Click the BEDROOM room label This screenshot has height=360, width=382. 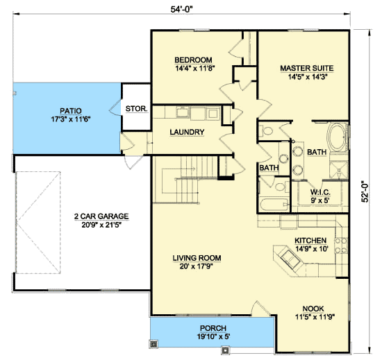pyautogui.click(x=194, y=60)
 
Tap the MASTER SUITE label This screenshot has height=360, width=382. pyautogui.click(x=307, y=69)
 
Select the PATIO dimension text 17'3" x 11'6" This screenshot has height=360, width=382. pyautogui.click(x=71, y=119)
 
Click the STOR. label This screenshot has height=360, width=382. pyautogui.click(x=136, y=109)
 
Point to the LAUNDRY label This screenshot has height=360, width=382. pyautogui.click(x=187, y=132)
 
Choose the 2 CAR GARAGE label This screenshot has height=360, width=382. pyautogui.click(x=101, y=216)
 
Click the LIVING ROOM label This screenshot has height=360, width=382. pyautogui.click(x=197, y=258)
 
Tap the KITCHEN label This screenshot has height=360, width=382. pyautogui.click(x=310, y=241)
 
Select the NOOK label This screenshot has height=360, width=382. pyautogui.click(x=313, y=309)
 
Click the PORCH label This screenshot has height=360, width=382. pyautogui.click(x=213, y=328)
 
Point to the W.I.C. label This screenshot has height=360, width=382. pyautogui.click(x=320, y=192)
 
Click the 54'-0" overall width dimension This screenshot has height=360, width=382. pyautogui.click(x=181, y=9)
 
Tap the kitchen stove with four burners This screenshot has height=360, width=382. pyautogui.click(x=341, y=245)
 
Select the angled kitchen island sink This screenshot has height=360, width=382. pyautogui.click(x=290, y=259)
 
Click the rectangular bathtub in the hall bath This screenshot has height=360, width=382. pyautogui.click(x=274, y=205)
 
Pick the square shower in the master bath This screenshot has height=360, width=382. pyautogui.click(x=338, y=169)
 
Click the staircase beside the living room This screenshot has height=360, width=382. pyautogui.click(x=186, y=180)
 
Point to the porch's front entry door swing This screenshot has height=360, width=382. pyautogui.click(x=260, y=308)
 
